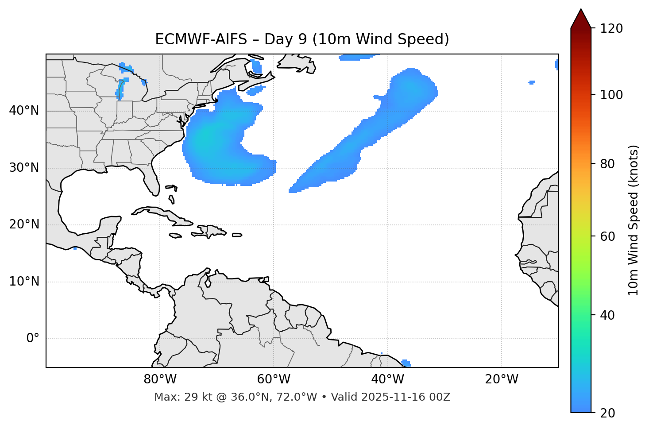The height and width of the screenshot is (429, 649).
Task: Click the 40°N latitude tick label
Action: pyautogui.click(x=24, y=111)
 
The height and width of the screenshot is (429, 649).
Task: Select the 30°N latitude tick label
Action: pyautogui.click(x=24, y=168)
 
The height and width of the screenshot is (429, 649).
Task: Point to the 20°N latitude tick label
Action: pyautogui.click(x=24, y=224)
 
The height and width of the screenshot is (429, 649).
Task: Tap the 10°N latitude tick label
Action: pyautogui.click(x=24, y=282)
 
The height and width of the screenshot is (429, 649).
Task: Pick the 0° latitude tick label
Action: pyautogui.click(x=33, y=339)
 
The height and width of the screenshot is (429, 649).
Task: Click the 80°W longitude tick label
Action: pyautogui.click(x=160, y=379)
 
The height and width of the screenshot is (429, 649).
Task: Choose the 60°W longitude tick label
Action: pyautogui.click(x=274, y=379)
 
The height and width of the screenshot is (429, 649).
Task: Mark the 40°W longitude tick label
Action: pyautogui.click(x=388, y=379)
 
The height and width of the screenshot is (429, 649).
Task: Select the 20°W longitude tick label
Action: pyautogui.click(x=502, y=379)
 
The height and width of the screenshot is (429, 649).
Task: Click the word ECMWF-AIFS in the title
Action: pyautogui.click(x=201, y=39)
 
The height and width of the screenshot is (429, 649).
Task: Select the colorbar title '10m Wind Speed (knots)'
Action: pyautogui.click(x=634, y=220)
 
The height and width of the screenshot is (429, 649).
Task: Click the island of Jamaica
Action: pyautogui.click(x=176, y=236)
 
